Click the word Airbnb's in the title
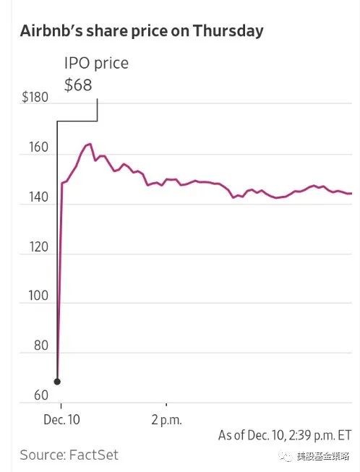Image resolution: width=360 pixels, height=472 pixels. coord(51,31)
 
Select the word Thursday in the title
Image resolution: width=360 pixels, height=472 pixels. coord(228,32)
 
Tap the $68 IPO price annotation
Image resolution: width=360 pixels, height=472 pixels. coord(78,85)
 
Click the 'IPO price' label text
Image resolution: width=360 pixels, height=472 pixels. coord(96,64)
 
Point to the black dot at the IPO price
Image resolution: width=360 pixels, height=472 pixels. coord(57,382)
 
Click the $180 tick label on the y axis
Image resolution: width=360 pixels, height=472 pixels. coord(35,98)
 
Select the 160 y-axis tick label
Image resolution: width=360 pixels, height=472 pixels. coord(38,147)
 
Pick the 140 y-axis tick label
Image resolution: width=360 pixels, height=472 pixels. coord(38,197)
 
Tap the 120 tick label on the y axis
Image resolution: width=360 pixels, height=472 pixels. coord(38,246)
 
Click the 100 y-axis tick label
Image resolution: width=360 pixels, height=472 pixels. coord(38,296)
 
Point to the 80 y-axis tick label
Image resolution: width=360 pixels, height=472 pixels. coord(41,346)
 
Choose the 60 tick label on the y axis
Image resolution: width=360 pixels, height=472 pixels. coord(41,395)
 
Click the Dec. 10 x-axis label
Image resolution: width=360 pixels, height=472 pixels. coord(61,420)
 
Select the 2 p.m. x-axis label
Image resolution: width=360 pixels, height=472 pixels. coord(167,420)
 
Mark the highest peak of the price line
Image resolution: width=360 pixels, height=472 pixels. coord(90,144)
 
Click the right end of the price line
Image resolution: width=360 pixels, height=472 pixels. coord(351,194)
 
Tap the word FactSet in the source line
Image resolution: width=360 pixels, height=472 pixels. coord(94,455)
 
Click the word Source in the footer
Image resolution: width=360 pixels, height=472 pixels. coord(42,455)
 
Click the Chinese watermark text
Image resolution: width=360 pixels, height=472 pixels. coord(322,457)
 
